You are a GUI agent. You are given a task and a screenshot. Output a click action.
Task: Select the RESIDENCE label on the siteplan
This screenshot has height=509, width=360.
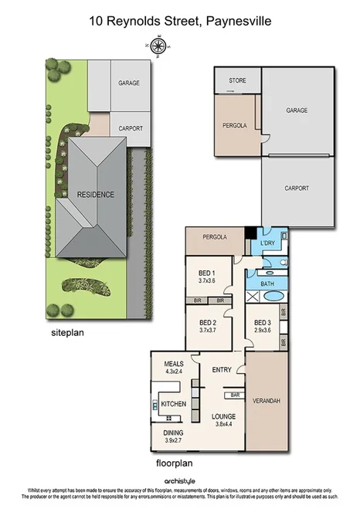point(96,194)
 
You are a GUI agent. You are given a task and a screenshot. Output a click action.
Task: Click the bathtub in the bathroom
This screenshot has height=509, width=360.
point(275,297)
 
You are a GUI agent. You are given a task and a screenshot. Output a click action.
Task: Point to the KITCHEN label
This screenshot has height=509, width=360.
point(175,404)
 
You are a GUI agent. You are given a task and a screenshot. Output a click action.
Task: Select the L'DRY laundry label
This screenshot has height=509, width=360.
point(268,244)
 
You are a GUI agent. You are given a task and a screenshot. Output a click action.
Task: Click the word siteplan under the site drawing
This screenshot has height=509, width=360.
point(66,333)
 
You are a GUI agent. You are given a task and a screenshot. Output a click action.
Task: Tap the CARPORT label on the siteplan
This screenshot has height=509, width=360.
point(130,128)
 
